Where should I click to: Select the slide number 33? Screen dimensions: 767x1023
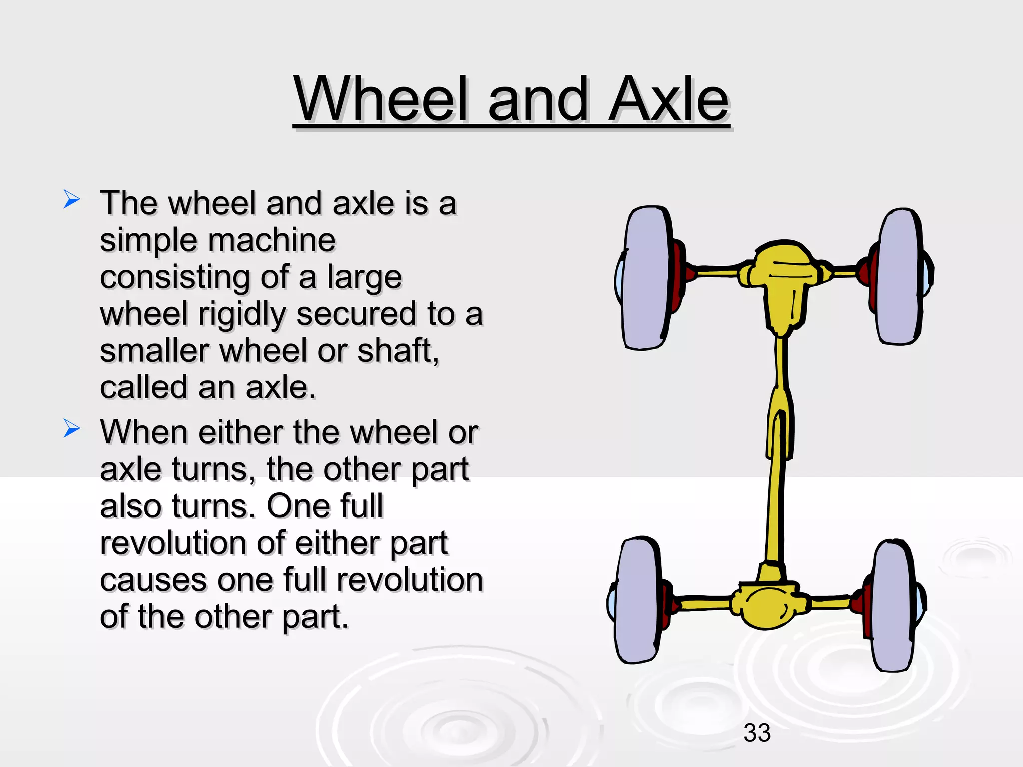pos(757,733)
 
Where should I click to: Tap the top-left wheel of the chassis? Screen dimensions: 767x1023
pos(645,278)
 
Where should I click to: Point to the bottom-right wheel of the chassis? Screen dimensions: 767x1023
pos(894,605)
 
